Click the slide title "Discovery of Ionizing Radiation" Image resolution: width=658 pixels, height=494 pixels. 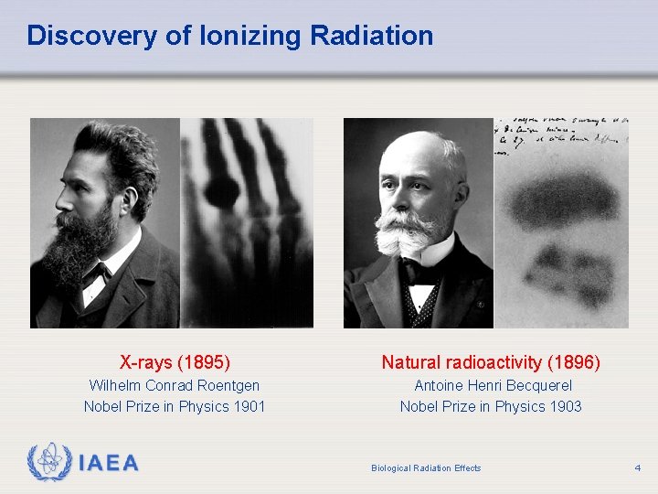pos(229,36)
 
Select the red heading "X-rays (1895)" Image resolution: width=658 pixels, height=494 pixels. pos(175,362)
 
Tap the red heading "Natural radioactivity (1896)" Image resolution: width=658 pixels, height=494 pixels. pos(491,362)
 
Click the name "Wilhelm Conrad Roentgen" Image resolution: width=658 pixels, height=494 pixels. pos(175,385)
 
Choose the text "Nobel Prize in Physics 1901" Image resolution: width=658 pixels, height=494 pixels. pos(175,406)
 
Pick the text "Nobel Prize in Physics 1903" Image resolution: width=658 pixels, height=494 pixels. pos(491,406)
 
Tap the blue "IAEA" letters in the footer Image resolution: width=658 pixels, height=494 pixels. pos(109,463)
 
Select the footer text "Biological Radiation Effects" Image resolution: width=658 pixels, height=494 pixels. pos(426,468)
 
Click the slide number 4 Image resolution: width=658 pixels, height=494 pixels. pos(637,468)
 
